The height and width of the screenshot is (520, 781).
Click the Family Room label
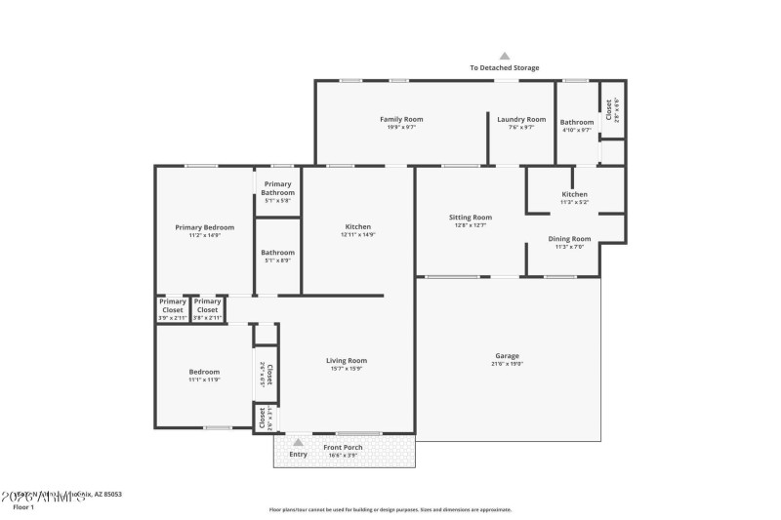[401, 119]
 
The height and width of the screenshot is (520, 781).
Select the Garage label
[506, 356]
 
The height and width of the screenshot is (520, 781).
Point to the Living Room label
[346, 361]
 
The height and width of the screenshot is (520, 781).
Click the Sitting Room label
[470, 218]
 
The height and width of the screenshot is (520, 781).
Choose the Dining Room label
[569, 239]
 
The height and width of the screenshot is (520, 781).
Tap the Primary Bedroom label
[204, 227]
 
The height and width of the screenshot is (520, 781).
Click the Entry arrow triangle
[298, 442]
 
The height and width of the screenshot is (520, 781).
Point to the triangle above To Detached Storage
[505, 57]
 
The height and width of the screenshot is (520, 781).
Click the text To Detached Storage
[505, 68]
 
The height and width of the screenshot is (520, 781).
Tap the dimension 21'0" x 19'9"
[506, 364]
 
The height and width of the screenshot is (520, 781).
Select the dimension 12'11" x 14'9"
[358, 234]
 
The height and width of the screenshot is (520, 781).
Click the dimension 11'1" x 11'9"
[204, 379]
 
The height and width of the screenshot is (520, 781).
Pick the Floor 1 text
[23, 507]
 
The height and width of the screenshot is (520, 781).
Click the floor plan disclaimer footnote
[390, 509]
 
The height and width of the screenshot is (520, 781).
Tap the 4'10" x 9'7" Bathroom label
[576, 129]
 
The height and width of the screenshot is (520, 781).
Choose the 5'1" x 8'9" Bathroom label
[277, 260]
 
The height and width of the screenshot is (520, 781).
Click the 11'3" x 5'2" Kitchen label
[574, 202]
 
